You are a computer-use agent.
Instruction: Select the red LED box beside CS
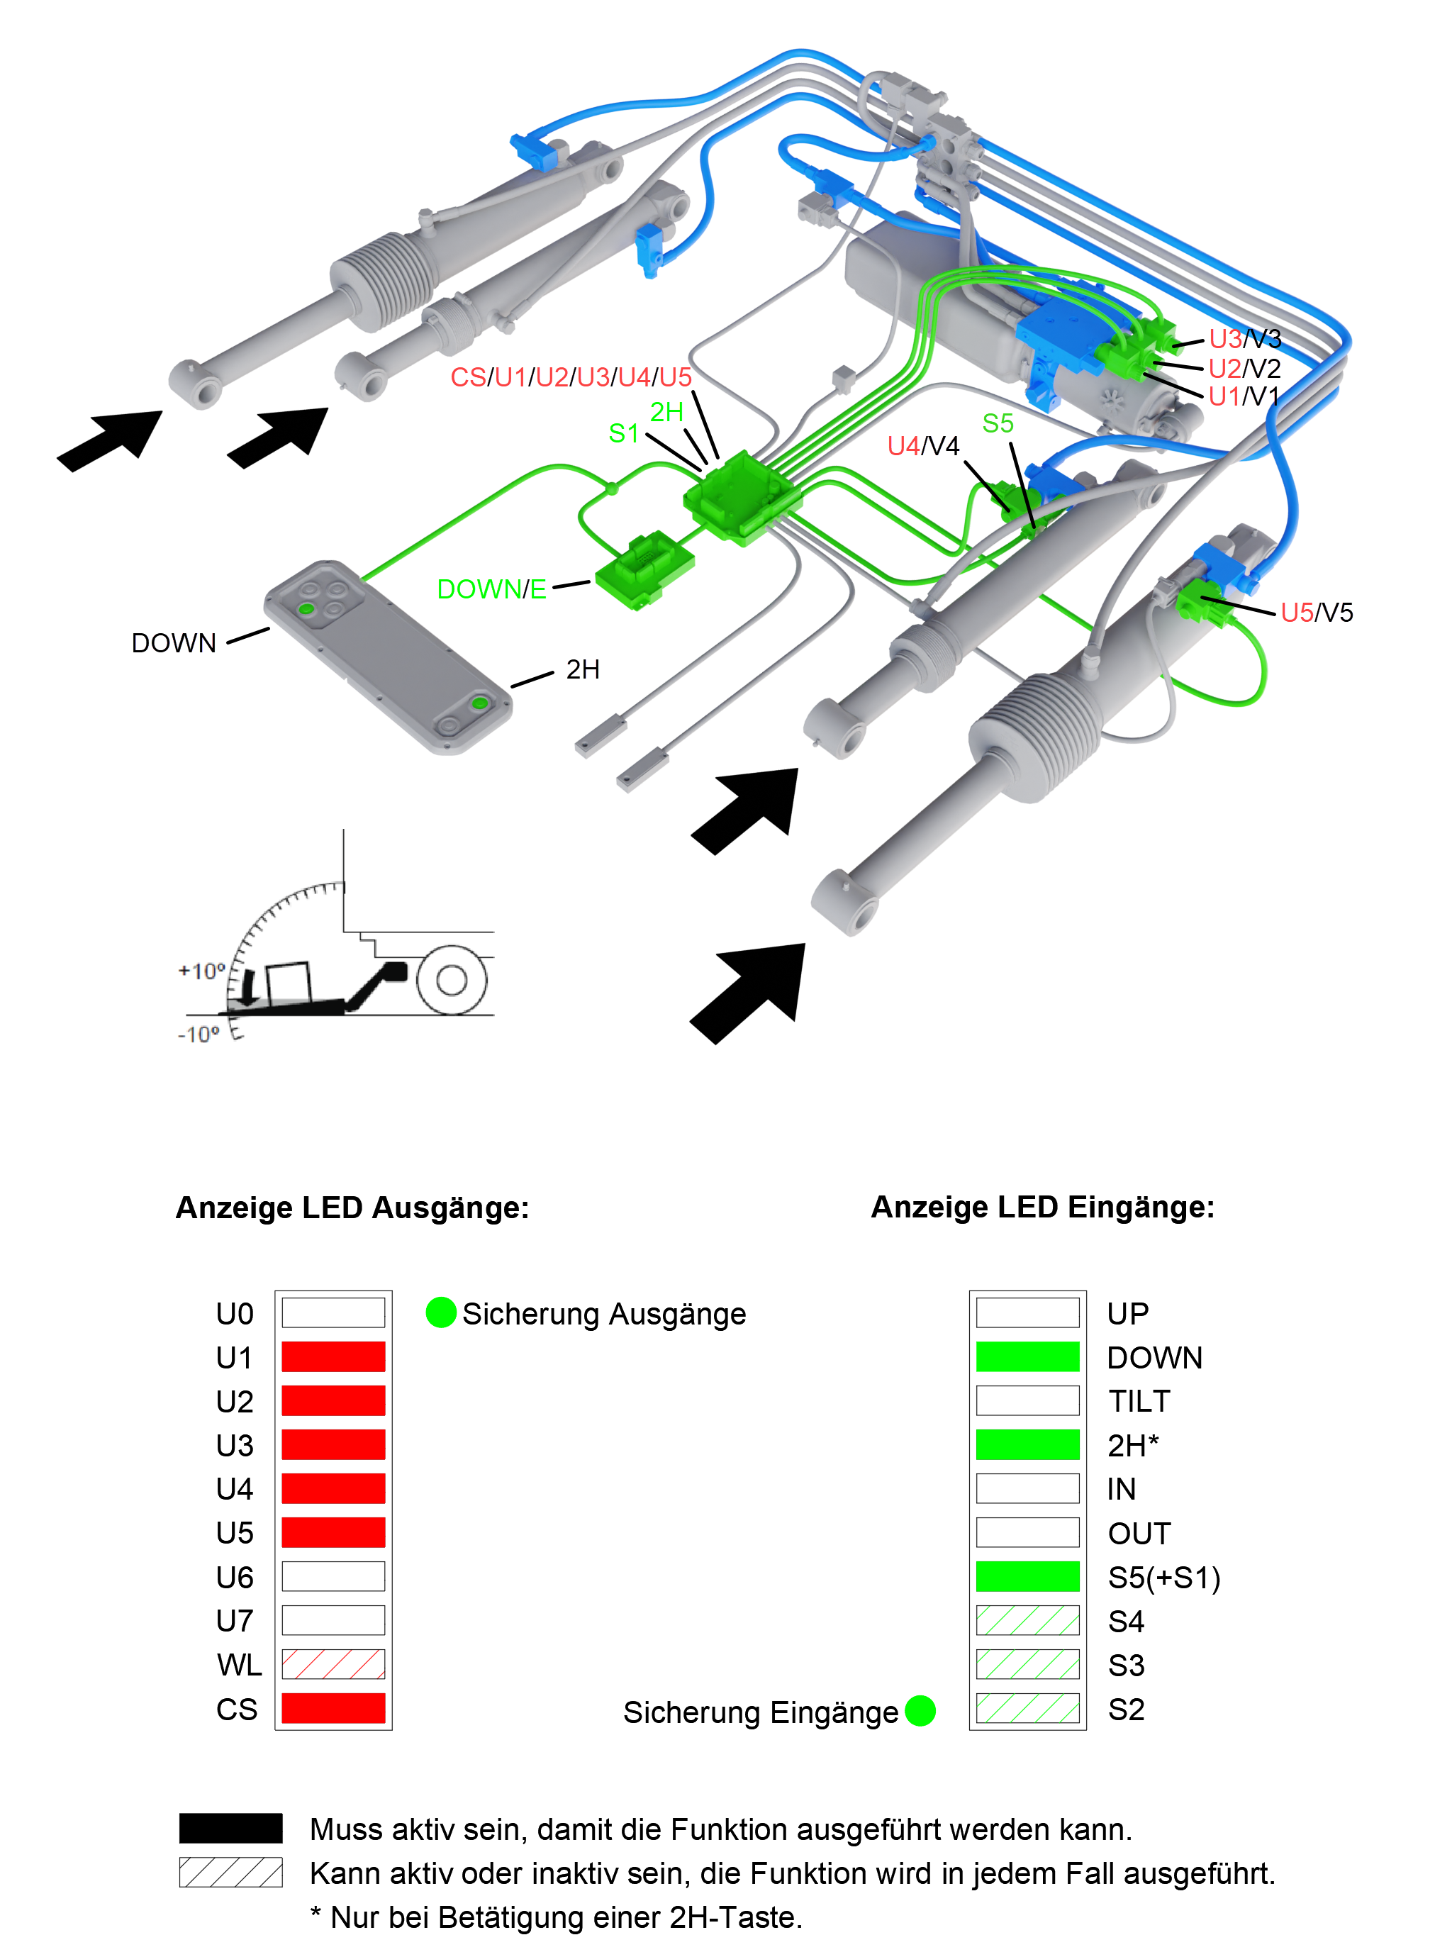pyautogui.click(x=333, y=1707)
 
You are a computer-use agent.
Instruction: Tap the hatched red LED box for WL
pyautogui.click(x=333, y=1664)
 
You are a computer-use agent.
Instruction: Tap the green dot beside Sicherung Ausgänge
pyautogui.click(x=441, y=1312)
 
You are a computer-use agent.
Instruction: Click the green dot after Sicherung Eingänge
pyautogui.click(x=920, y=1710)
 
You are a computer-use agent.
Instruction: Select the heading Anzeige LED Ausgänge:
pyautogui.click(x=352, y=1208)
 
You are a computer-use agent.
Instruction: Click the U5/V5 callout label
pyautogui.click(x=1317, y=613)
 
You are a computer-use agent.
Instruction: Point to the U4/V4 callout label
pyautogui.click(x=923, y=446)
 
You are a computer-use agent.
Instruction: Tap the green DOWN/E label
pyautogui.click(x=491, y=589)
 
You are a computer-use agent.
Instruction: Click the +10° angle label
pyautogui.click(x=201, y=971)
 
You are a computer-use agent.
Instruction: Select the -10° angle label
pyautogui.click(x=199, y=1034)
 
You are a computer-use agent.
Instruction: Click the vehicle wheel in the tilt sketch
pyautogui.click(x=452, y=980)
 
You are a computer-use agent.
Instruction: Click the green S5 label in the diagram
pyautogui.click(x=997, y=423)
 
